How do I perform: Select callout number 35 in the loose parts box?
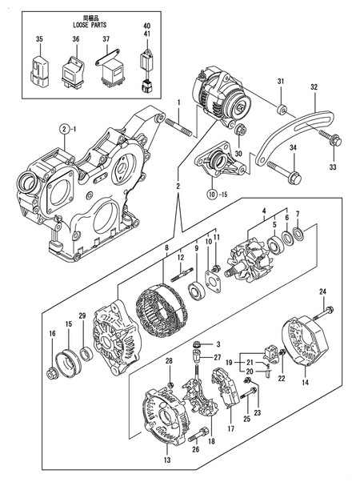tap(39, 39)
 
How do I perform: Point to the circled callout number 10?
tap(211, 194)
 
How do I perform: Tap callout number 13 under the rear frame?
tap(166, 461)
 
